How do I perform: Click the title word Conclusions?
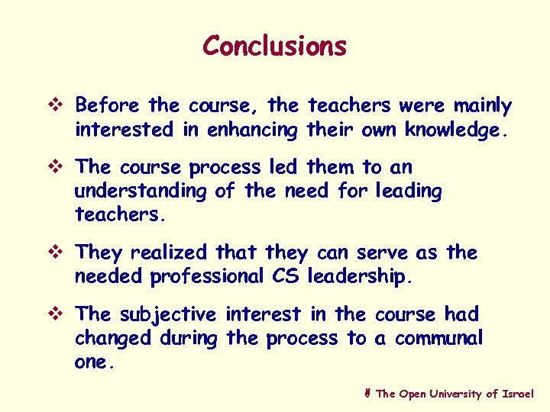(x=274, y=46)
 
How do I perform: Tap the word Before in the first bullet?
(x=108, y=105)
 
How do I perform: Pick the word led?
(x=286, y=166)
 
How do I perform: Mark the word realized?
(x=168, y=253)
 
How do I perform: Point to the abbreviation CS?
(x=286, y=277)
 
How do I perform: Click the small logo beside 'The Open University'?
(x=368, y=394)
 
